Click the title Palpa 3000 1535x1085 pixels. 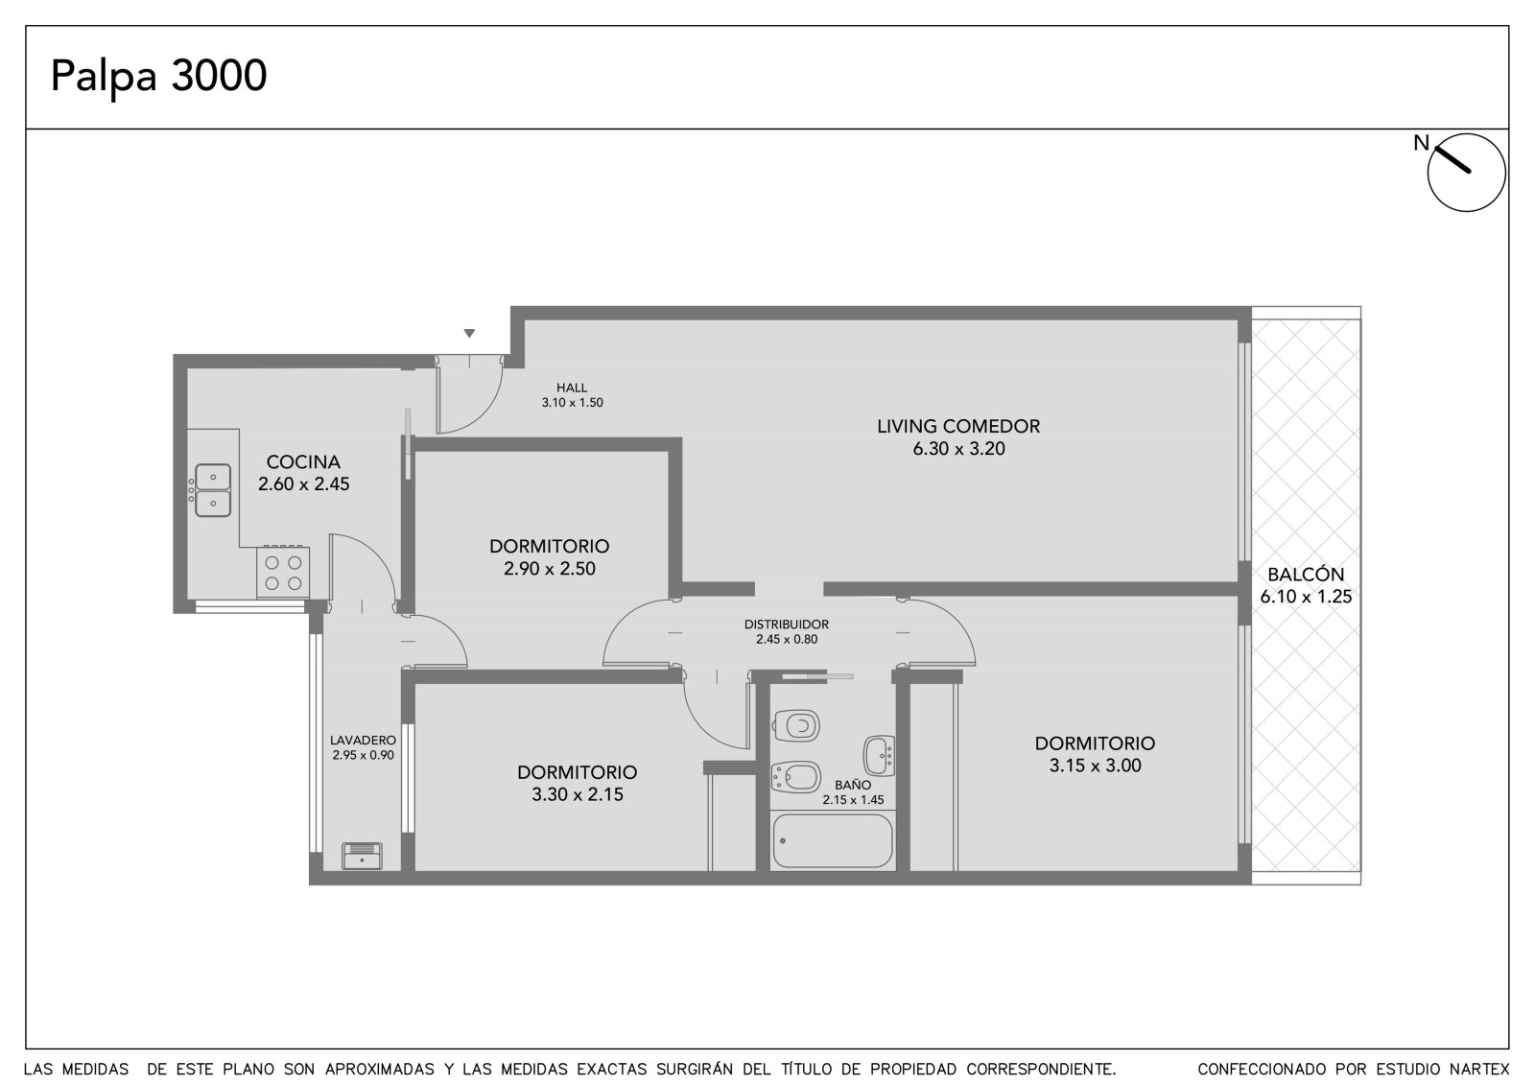tap(158, 76)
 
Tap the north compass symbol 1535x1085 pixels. tap(1466, 172)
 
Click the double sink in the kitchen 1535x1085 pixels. tap(213, 490)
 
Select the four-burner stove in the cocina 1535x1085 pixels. tap(283, 572)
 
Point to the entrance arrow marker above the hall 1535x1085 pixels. tap(469, 333)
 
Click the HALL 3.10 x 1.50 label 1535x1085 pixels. tap(572, 395)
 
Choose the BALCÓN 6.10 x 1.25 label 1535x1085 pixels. tap(1306, 584)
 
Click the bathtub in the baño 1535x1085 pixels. tap(833, 840)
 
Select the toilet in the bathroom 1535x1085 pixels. tap(796, 725)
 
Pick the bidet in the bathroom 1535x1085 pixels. tap(795, 777)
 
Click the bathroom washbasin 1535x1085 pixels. tap(879, 755)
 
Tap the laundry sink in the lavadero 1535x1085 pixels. tap(362, 856)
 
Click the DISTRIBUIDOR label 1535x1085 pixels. tap(786, 625)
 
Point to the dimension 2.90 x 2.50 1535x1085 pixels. tap(549, 568)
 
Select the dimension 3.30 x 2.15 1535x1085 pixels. tap(577, 794)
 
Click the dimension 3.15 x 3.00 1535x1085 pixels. tap(1095, 766)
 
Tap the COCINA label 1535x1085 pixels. tap(303, 462)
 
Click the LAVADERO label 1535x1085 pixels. tap(363, 741)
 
